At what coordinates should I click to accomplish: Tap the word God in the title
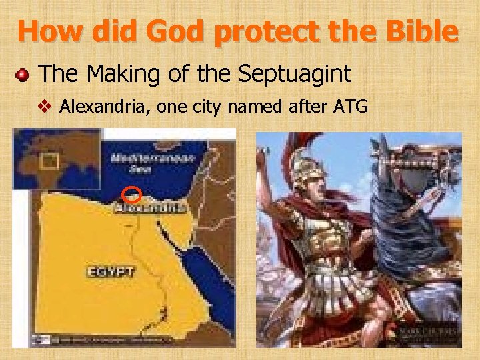coord(175,31)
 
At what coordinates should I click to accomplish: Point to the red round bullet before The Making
coord(22,74)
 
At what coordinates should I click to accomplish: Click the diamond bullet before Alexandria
coord(47,105)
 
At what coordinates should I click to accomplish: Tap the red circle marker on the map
coord(132,195)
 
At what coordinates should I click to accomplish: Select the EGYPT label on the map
coord(111,271)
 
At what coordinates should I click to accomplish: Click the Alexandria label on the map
coord(149,209)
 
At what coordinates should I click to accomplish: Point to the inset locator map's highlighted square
coord(48,161)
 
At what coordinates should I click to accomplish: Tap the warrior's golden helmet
coord(307,171)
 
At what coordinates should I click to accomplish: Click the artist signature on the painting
coord(428,331)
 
